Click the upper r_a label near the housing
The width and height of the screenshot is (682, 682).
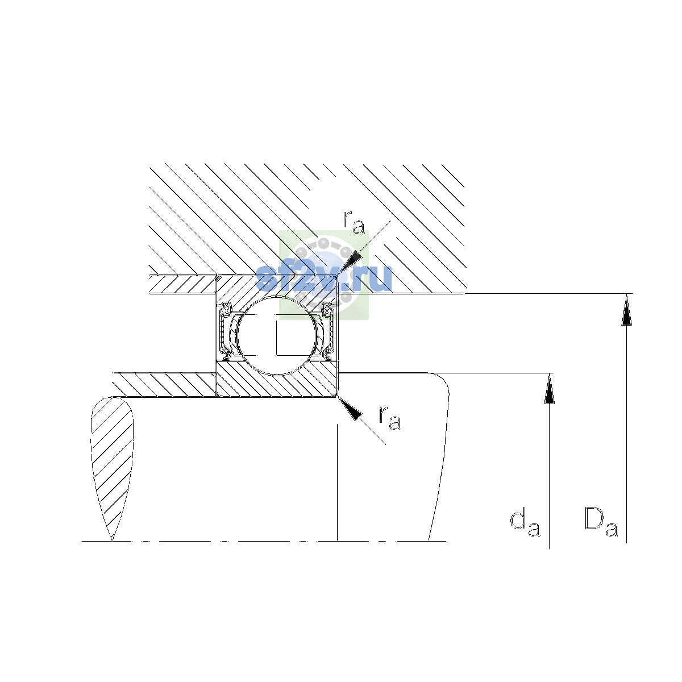354,222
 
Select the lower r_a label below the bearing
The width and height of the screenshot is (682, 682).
390,418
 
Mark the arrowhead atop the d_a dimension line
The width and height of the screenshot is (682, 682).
549,389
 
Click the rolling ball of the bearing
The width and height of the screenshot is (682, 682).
277,335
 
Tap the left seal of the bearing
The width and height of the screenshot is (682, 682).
224,331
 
